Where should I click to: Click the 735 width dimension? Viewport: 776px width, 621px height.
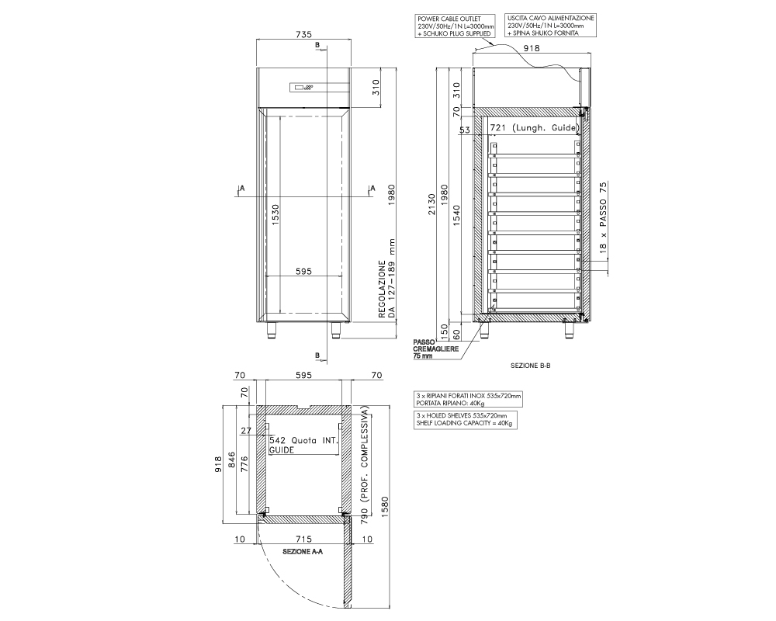[x=303, y=34]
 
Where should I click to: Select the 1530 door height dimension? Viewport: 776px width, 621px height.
[x=275, y=215]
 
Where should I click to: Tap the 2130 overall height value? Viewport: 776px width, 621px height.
[x=432, y=204]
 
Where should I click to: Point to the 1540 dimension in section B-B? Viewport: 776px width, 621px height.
[x=456, y=216]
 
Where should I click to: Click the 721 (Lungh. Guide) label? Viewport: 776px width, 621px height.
[x=534, y=128]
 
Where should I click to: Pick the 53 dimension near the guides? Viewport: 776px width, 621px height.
[x=464, y=130]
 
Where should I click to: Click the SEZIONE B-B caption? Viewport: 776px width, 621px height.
[x=530, y=366]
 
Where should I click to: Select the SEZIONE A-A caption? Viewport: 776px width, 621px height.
[x=303, y=552]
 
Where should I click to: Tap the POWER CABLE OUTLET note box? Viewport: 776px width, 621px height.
[x=456, y=26]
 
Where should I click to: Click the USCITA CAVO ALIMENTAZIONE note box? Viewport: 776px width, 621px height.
[x=550, y=26]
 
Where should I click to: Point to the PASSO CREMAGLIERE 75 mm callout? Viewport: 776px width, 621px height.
[x=435, y=349]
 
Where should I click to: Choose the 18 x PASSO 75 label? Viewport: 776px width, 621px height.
[x=603, y=218]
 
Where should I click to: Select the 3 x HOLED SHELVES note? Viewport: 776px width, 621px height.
[x=465, y=419]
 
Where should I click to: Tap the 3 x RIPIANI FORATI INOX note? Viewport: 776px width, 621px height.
[x=468, y=400]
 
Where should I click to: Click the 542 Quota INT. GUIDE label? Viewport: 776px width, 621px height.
[x=303, y=445]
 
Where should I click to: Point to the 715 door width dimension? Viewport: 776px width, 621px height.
[x=303, y=539]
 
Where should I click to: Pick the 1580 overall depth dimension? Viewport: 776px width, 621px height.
[x=385, y=507]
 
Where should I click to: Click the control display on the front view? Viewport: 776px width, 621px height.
[x=302, y=88]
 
